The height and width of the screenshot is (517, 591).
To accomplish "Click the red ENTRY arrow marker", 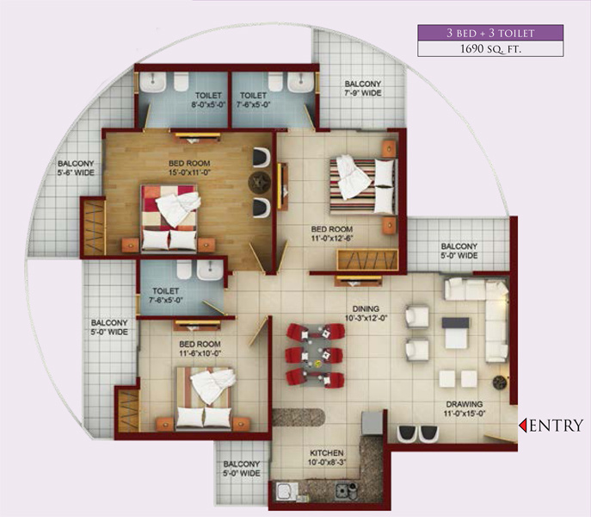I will (522, 426).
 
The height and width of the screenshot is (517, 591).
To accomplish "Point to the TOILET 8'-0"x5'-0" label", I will (209, 101).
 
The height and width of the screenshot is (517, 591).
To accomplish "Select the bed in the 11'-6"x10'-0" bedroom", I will (204, 397).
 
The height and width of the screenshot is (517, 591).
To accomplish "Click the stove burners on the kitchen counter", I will (346, 493).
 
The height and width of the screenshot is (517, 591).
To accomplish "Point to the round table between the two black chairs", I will (259, 182).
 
